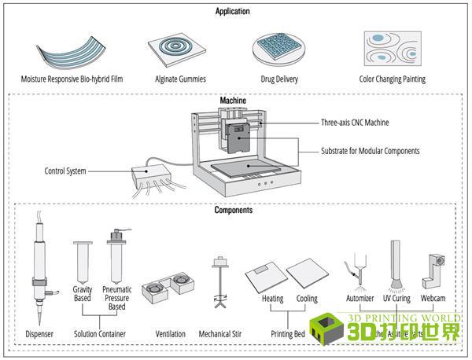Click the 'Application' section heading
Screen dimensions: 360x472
click(x=232, y=12)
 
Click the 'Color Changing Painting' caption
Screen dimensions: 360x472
click(x=392, y=79)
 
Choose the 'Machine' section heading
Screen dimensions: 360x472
click(x=233, y=101)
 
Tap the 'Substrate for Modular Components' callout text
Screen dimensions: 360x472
click(x=370, y=150)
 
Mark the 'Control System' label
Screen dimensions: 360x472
click(x=66, y=171)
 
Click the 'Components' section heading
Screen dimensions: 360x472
click(x=233, y=211)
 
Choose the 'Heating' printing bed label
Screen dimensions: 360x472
click(x=272, y=299)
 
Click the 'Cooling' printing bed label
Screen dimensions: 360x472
click(x=307, y=299)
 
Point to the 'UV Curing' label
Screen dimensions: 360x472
click(x=397, y=299)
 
